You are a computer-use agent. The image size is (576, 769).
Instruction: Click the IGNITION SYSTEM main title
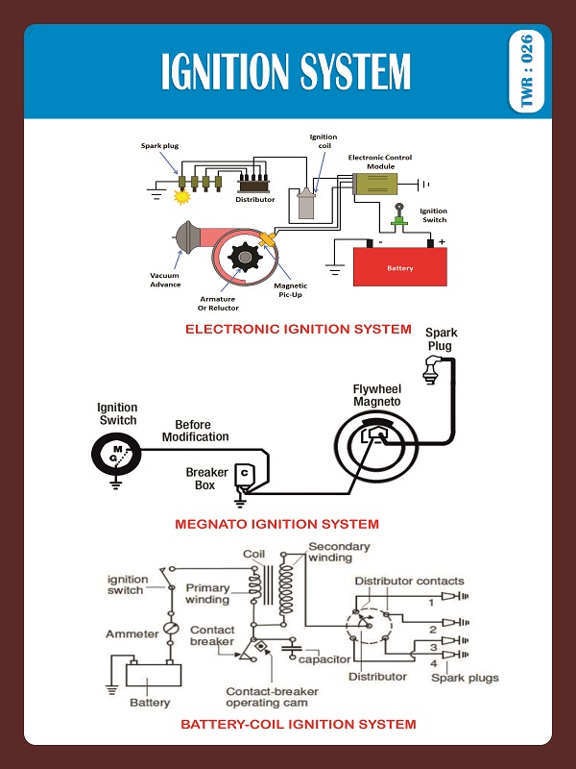[x=286, y=72]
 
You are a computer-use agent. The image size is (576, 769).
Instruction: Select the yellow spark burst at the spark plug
[x=180, y=198]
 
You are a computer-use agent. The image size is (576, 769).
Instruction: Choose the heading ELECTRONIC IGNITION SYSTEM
[x=298, y=330]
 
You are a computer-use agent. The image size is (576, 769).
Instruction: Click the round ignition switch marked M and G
[x=115, y=454]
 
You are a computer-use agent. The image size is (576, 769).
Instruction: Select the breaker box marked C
[x=244, y=474]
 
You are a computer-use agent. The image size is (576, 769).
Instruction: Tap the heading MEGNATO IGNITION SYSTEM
[x=276, y=525]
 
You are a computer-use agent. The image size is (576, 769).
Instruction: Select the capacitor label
[x=324, y=659]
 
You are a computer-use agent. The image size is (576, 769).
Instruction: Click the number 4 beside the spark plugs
[x=434, y=664]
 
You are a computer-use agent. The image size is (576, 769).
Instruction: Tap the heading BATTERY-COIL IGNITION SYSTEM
[x=298, y=724]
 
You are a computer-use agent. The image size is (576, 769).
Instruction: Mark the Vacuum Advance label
[x=164, y=280]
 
